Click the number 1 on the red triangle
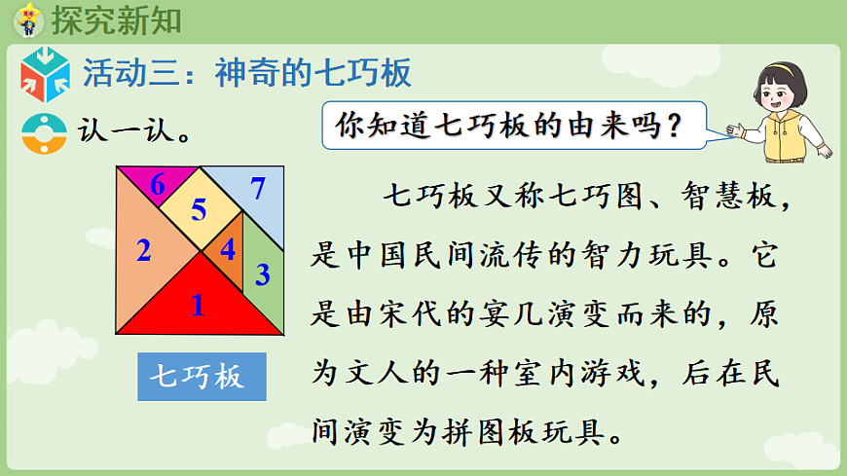[198, 306]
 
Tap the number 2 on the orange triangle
[144, 252]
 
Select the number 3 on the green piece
[262, 275]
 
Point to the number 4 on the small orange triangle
[228, 250]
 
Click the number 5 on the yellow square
[199, 209]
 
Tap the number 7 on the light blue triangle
[257, 188]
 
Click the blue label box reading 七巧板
[202, 376]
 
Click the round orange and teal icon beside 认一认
[42, 134]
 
